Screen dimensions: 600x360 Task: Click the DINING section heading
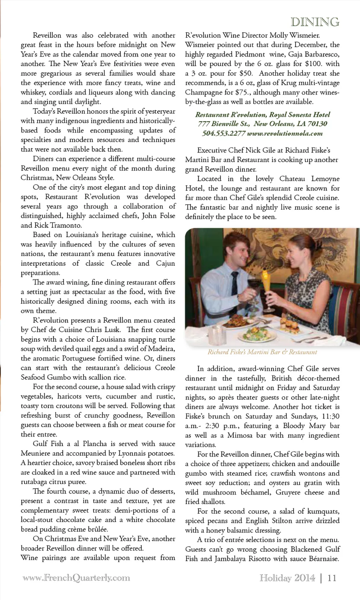point(315,22)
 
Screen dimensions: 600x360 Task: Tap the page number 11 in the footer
point(332,578)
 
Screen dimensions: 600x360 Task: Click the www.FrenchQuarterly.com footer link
point(76,578)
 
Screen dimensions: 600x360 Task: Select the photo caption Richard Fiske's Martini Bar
point(262,352)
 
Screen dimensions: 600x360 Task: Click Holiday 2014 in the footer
point(287,578)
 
